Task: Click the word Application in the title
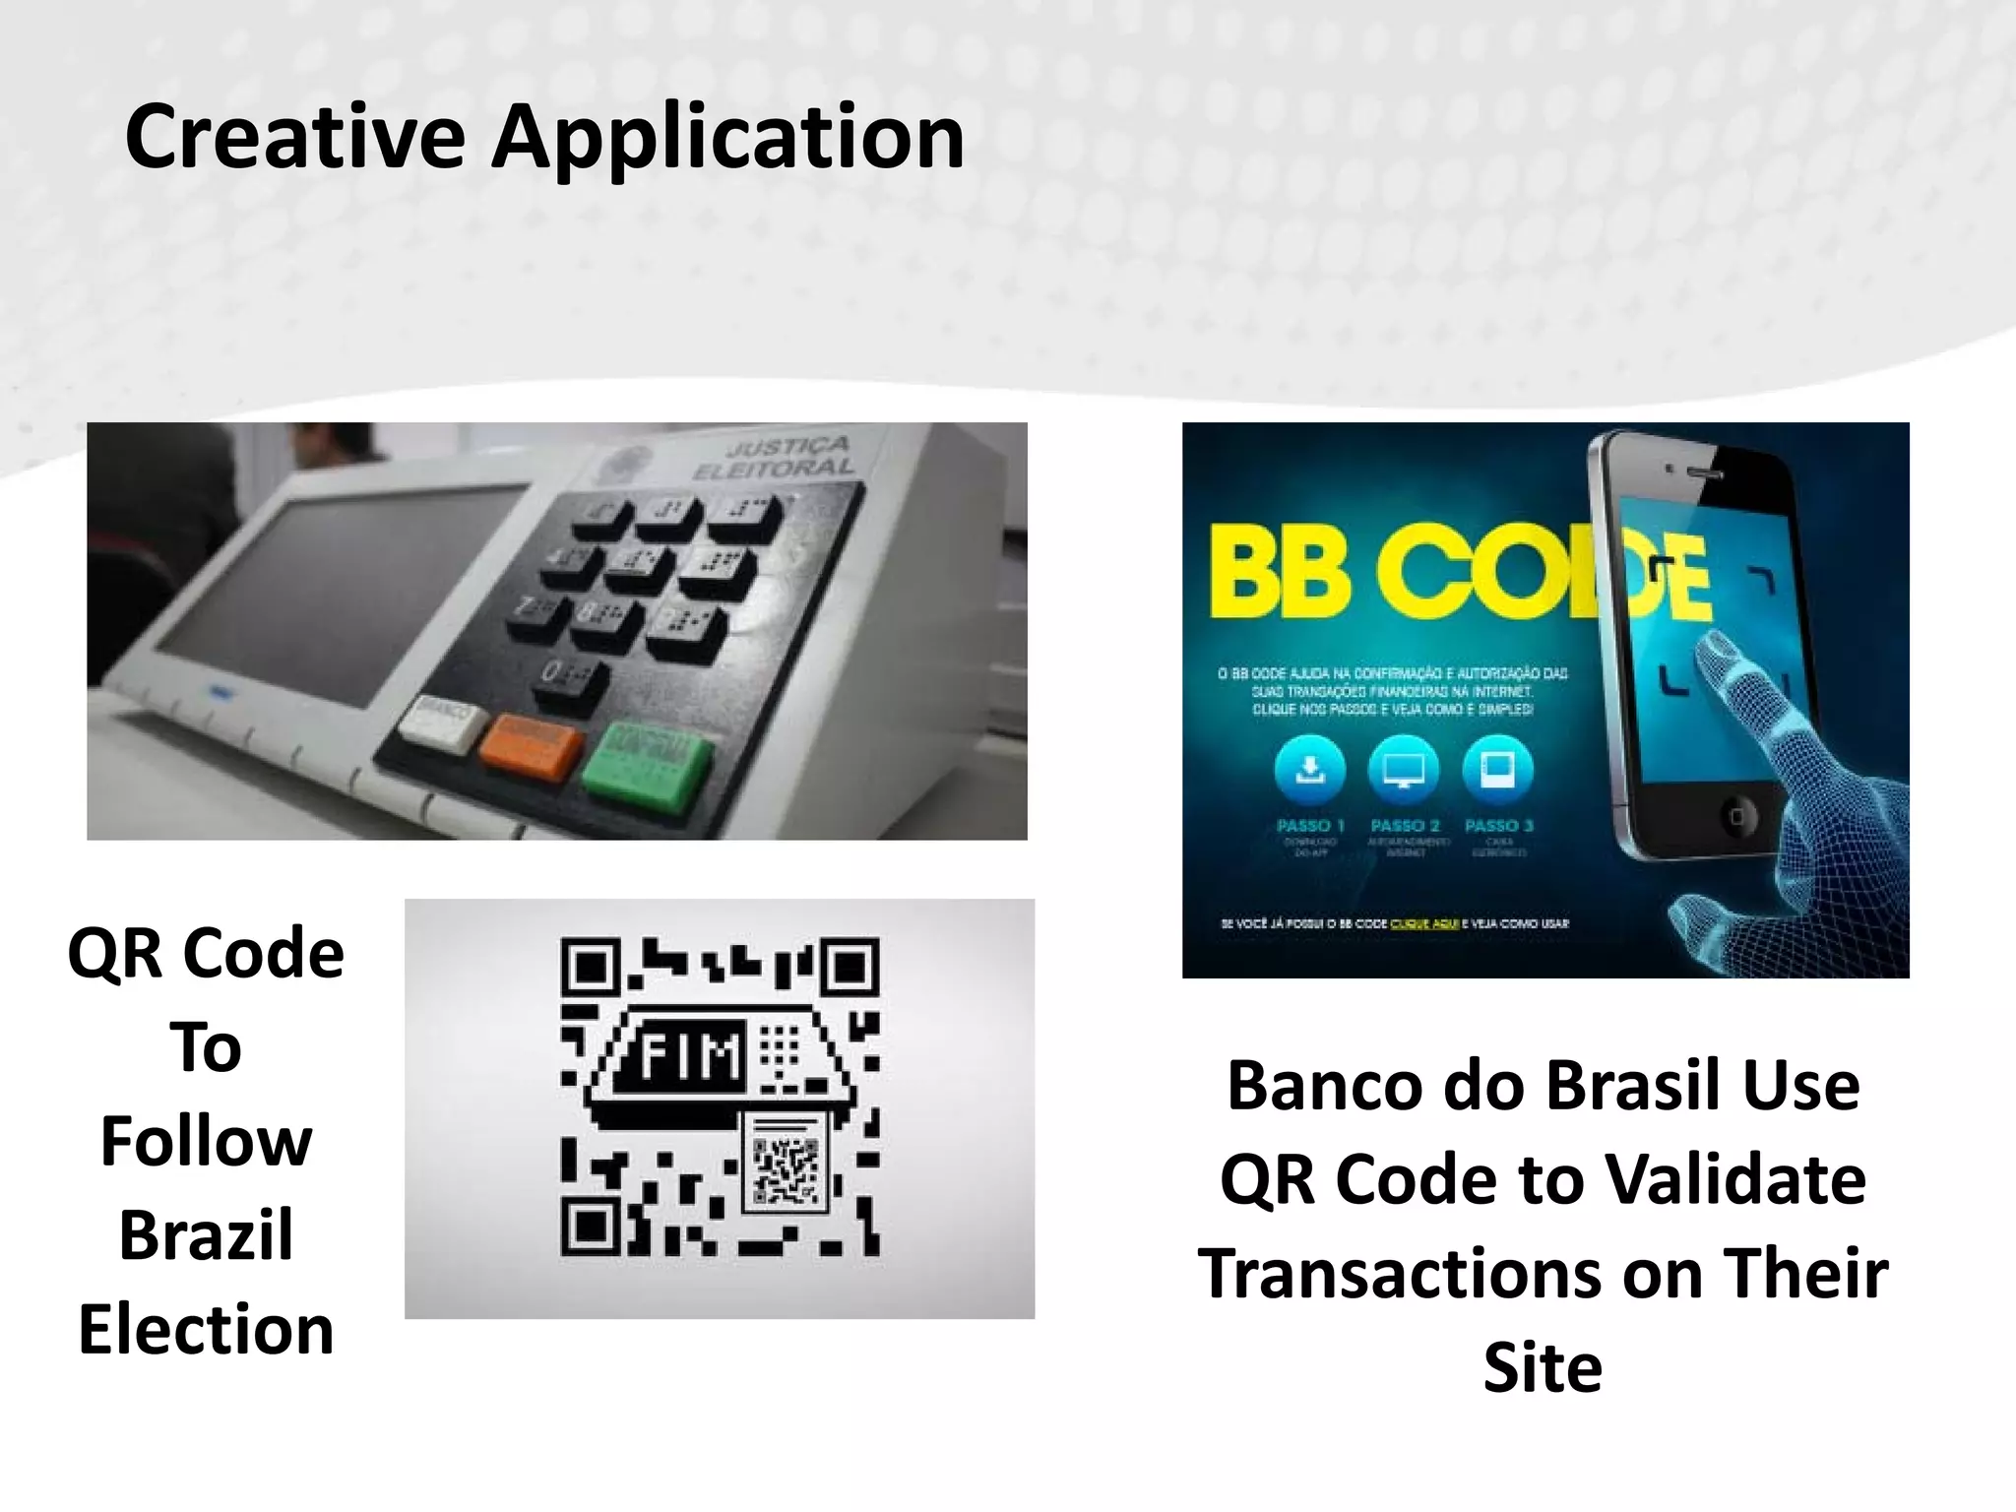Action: [727, 139]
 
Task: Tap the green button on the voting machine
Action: [647, 765]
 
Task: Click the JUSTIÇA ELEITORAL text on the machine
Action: [778, 458]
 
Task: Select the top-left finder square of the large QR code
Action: [592, 968]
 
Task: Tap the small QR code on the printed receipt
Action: [786, 1171]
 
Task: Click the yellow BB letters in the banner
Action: [1280, 571]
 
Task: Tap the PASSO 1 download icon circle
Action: [1310, 770]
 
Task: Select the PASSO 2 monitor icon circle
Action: [1404, 770]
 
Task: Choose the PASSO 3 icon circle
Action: [1497, 770]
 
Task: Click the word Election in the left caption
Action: [206, 1329]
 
